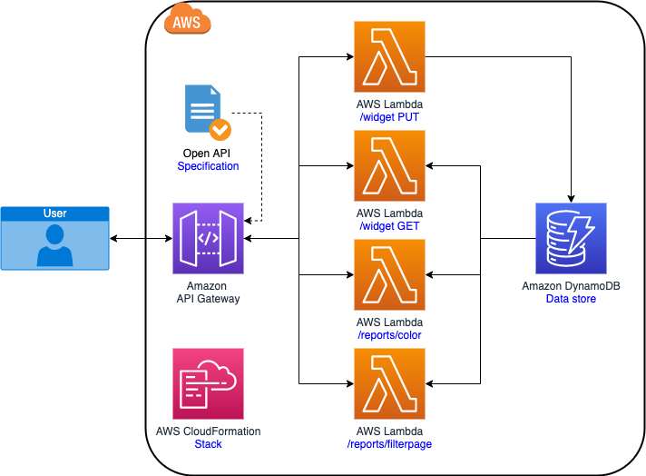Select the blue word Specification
tap(208, 166)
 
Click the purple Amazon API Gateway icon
tap(208, 238)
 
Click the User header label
tap(54, 213)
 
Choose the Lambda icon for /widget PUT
tap(389, 56)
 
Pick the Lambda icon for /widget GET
tap(389, 165)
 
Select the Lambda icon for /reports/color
tap(389, 274)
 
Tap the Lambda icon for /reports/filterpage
tap(389, 383)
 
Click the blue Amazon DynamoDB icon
tap(571, 238)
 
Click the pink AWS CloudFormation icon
tap(208, 383)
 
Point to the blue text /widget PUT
tap(389, 117)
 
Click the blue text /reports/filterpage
tap(389, 444)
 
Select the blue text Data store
tap(571, 299)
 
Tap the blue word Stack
tap(208, 444)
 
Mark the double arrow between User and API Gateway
tap(141, 239)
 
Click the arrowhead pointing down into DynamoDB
tap(571, 196)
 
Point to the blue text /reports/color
tap(389, 335)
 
